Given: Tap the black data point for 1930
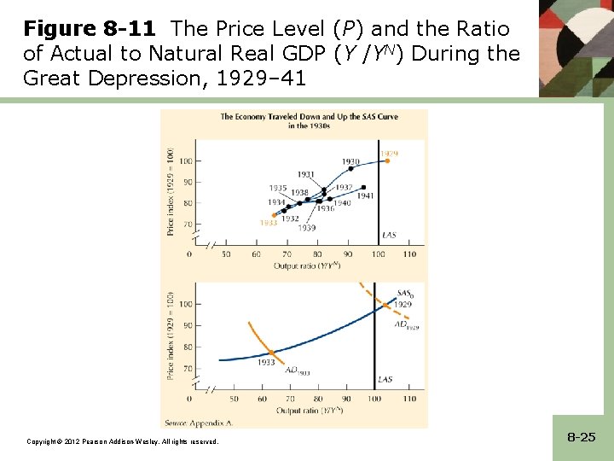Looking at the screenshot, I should [350, 168].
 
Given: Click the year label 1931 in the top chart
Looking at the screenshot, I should [306, 174].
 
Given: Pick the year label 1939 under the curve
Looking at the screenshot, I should [306, 228].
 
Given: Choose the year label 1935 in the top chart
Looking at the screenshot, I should [277, 188].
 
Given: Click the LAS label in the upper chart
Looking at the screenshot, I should [388, 234].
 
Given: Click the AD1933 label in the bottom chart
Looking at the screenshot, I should [298, 371].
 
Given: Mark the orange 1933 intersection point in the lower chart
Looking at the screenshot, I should [272, 353].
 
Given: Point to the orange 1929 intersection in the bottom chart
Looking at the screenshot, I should [383, 303].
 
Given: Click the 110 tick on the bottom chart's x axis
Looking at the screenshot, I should [409, 399].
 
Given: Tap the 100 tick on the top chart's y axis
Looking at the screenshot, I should [183, 160].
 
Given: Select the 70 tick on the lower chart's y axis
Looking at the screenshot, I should [186, 368].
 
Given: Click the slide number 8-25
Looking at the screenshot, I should [581, 436].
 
